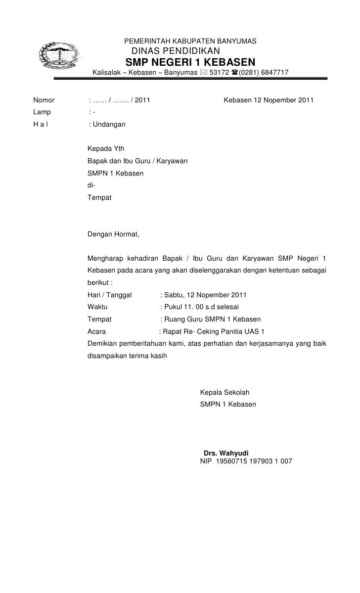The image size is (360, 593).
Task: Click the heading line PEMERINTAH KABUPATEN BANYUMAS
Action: click(x=190, y=41)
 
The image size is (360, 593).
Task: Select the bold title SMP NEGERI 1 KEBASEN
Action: click(x=191, y=63)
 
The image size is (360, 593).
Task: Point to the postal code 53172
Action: click(x=219, y=74)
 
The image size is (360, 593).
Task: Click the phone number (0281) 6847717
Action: click(x=264, y=74)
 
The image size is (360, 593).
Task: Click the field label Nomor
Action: click(x=44, y=101)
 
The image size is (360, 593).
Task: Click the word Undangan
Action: click(x=109, y=125)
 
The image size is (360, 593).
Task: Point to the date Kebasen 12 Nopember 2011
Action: click(x=269, y=101)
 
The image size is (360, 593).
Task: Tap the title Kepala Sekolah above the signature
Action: click(x=225, y=393)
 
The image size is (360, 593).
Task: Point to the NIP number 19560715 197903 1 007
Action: click(x=255, y=461)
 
